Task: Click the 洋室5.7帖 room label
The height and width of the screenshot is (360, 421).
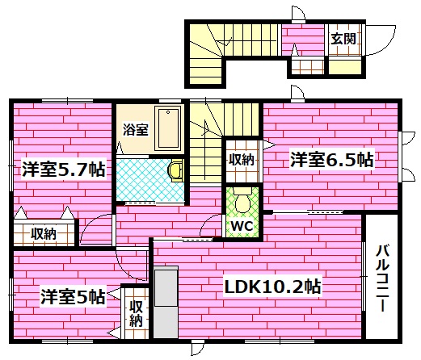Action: [61, 170]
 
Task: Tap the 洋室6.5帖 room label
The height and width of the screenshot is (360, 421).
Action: [331, 160]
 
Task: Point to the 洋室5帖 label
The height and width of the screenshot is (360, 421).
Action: [72, 296]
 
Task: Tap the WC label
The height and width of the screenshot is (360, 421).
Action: [243, 226]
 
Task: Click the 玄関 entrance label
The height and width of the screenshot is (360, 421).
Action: [339, 38]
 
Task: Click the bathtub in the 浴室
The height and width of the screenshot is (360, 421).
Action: [168, 126]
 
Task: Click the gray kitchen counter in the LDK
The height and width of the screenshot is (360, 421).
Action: [165, 303]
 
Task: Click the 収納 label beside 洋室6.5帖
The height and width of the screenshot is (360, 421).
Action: [241, 160]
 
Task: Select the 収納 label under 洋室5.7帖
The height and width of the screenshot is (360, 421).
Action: [44, 234]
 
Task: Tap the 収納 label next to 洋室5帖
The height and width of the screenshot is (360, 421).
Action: [136, 313]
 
